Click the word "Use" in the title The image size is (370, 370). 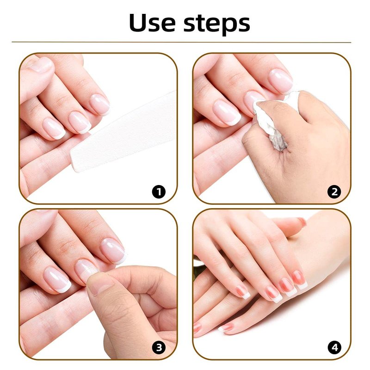[x=152, y=23]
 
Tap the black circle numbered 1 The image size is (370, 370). [x=159, y=191]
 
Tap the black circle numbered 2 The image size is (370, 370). [x=334, y=191]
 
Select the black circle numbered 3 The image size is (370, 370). [x=159, y=347]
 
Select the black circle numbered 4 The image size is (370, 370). [x=334, y=347]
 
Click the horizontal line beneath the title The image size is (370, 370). [x=181, y=42]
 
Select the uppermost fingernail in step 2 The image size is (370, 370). [x=281, y=80]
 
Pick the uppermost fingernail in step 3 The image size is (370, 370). [x=113, y=251]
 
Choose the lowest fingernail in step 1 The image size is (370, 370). [x=54, y=129]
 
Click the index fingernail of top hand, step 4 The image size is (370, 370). [x=299, y=280]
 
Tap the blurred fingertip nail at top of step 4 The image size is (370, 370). [x=302, y=222]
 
